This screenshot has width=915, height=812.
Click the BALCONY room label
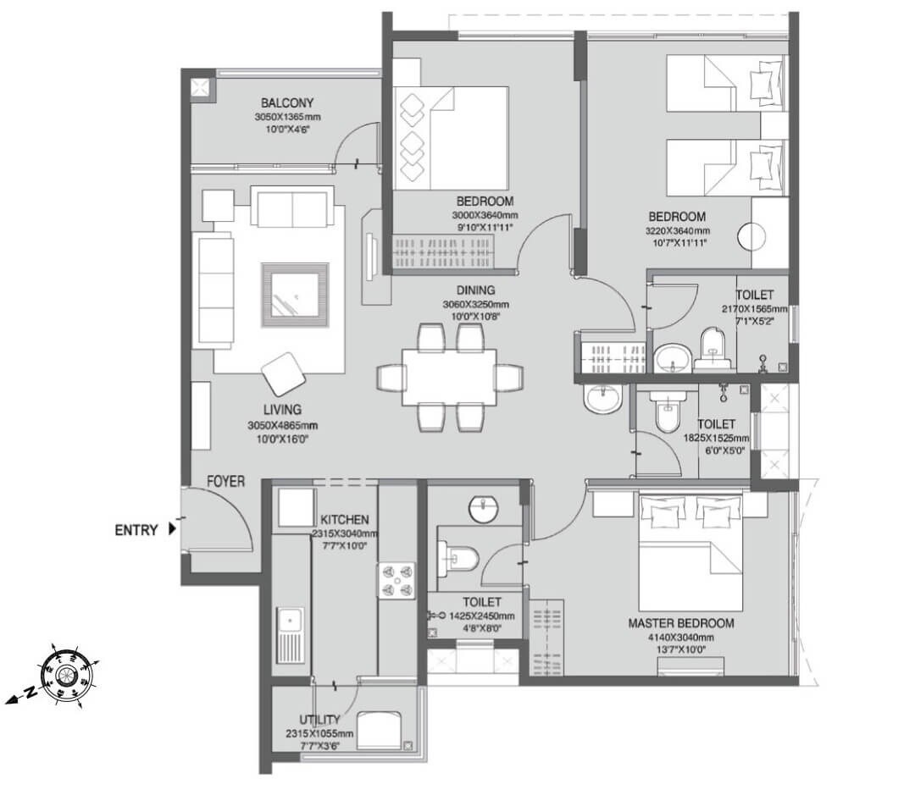click(288, 103)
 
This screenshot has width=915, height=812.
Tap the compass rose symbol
click(69, 674)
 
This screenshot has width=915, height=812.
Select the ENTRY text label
click(136, 531)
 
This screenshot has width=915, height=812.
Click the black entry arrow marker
click(173, 530)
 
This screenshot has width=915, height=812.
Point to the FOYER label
click(226, 482)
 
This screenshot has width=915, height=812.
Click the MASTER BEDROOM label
click(681, 623)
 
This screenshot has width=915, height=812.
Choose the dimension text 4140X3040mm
click(681, 637)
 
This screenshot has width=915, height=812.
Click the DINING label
click(475, 290)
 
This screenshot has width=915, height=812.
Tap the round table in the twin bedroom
click(751, 236)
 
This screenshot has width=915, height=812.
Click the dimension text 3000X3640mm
click(485, 216)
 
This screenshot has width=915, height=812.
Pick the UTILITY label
click(319, 720)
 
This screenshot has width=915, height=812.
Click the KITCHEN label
click(344, 519)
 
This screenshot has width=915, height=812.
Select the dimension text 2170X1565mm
click(755, 310)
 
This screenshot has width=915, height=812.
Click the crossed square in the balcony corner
click(200, 87)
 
